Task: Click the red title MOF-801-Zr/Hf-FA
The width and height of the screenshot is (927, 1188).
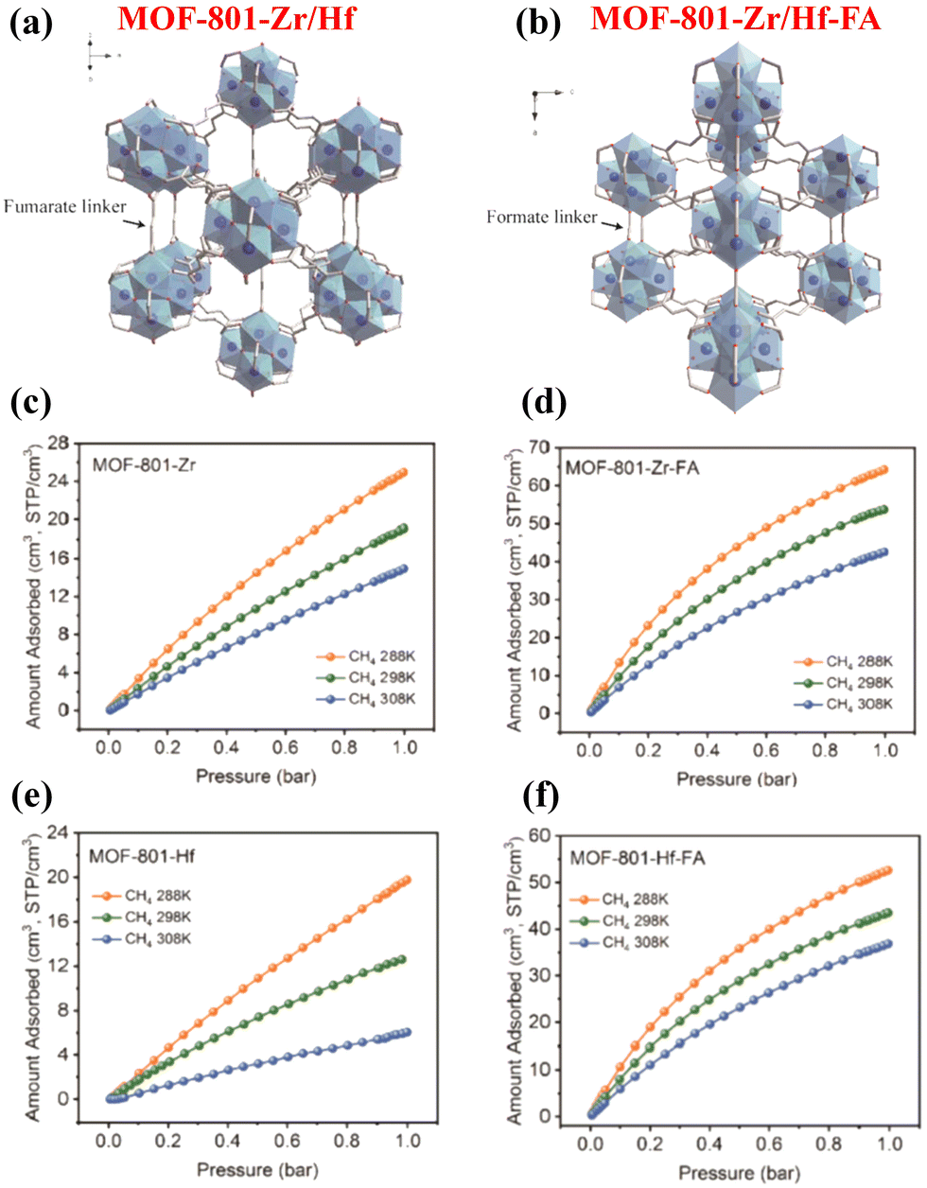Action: (x=736, y=17)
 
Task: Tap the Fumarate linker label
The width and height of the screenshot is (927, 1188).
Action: (x=64, y=206)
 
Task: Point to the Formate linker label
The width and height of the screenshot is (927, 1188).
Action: (x=541, y=218)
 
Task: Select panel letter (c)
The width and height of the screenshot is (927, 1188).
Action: (x=30, y=403)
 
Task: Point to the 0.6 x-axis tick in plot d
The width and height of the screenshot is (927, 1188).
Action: (x=766, y=751)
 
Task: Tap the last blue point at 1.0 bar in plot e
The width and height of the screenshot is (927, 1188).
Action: (x=407, y=1032)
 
